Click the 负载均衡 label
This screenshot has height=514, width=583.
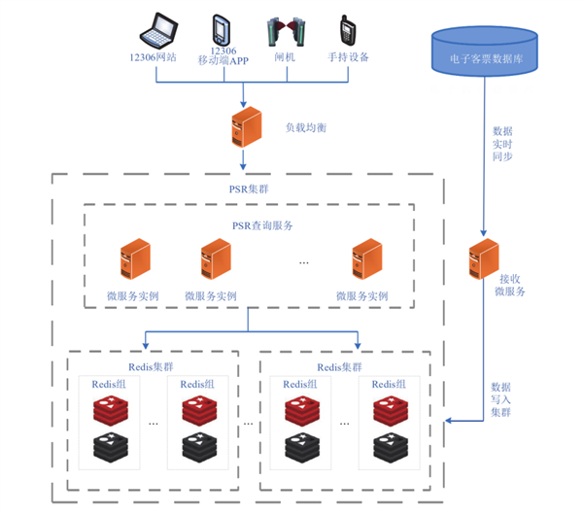pos(303,127)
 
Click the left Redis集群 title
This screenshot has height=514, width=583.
pos(153,367)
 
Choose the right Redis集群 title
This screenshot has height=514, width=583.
pos(345,367)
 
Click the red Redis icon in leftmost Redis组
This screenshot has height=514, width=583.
pos(109,410)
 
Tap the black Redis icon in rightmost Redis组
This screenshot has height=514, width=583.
pos(392,450)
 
